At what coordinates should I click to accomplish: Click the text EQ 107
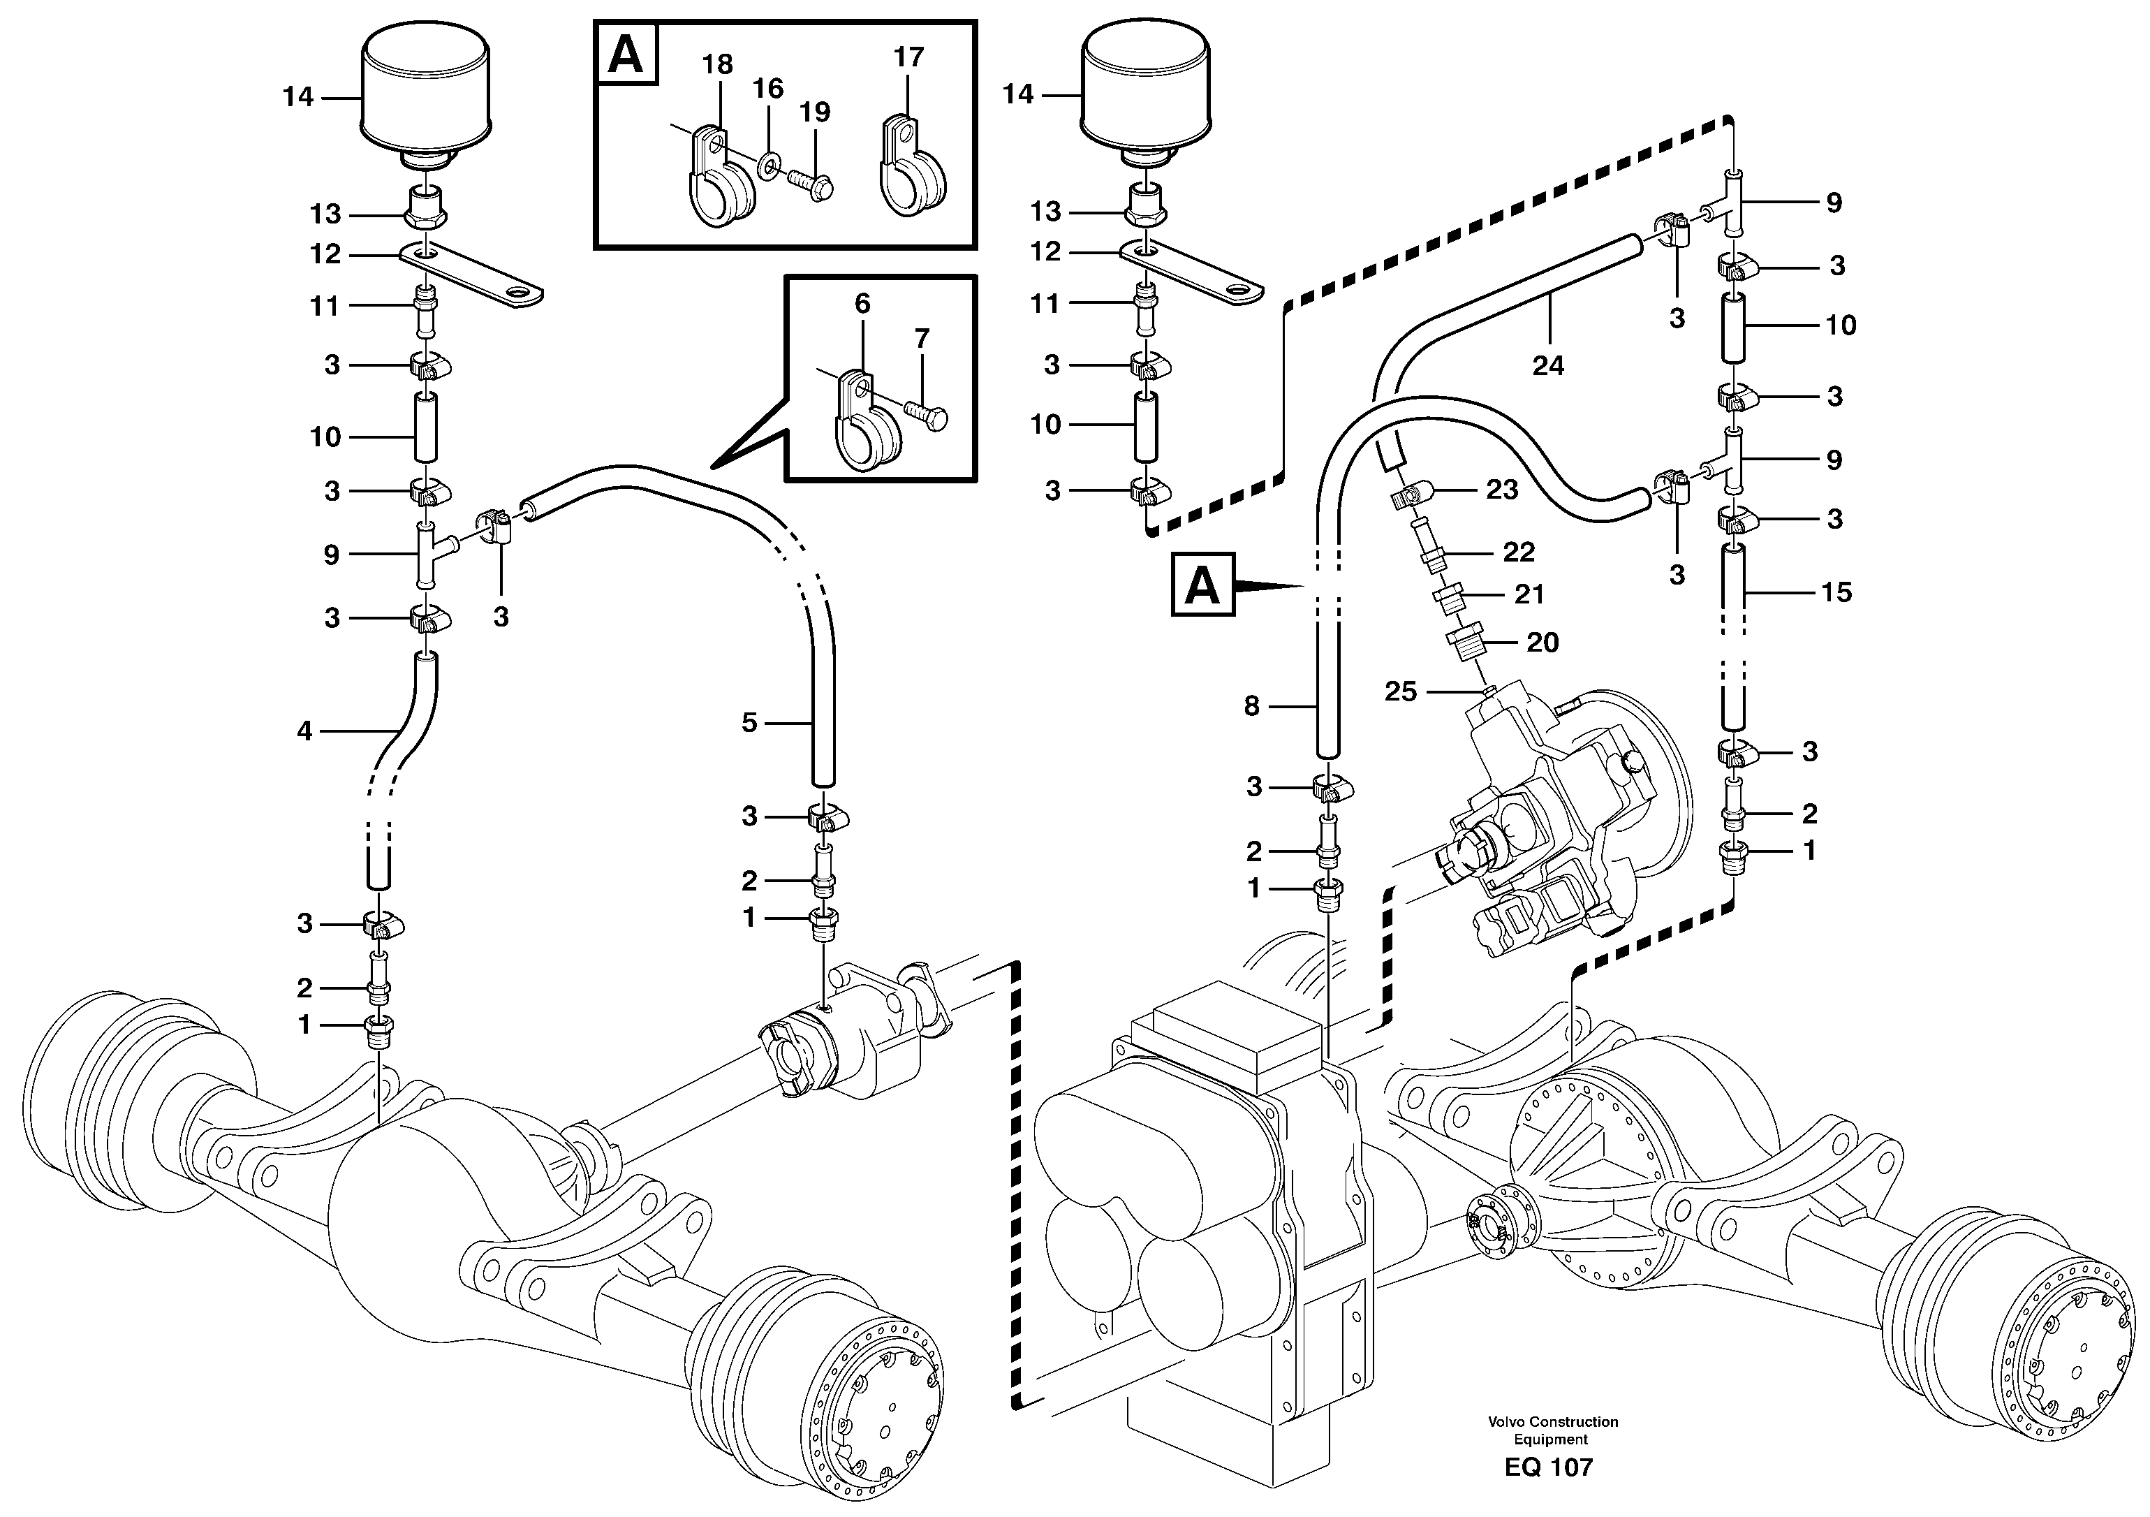1548,1467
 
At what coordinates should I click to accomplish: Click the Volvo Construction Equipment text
1552,1430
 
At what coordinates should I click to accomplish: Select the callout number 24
1548,365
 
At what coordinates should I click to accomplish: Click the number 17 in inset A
908,57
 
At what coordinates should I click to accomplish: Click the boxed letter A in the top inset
626,55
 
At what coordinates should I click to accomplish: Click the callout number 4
304,731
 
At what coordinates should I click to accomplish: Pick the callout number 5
749,722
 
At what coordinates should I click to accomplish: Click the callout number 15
1836,592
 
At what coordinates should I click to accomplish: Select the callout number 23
1502,490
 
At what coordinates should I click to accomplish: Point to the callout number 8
1252,706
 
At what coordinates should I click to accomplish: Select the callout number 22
1518,552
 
